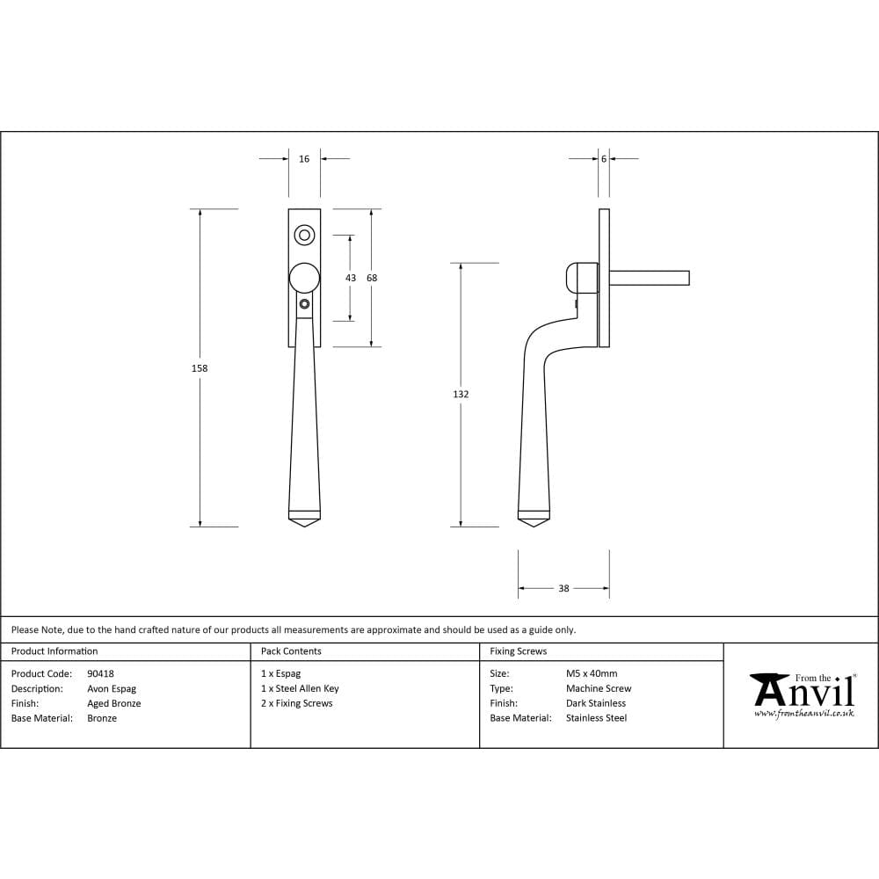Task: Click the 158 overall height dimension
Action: (200, 368)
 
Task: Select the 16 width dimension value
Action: (304, 159)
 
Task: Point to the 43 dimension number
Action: (351, 278)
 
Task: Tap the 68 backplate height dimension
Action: (372, 278)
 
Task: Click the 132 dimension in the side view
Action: (461, 395)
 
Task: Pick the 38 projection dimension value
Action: (563, 588)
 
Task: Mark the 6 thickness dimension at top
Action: (604, 159)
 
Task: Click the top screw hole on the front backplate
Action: (304, 235)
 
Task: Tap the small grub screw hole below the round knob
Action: (304, 304)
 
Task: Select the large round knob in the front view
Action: (304, 277)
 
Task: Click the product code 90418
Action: (100, 674)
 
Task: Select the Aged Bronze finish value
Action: (114, 703)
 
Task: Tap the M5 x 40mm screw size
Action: (592, 674)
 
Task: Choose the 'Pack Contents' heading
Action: (291, 651)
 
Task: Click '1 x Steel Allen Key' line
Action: (300, 689)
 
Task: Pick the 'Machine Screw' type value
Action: (599, 689)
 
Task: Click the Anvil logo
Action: (803, 694)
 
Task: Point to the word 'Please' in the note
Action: (25, 629)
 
